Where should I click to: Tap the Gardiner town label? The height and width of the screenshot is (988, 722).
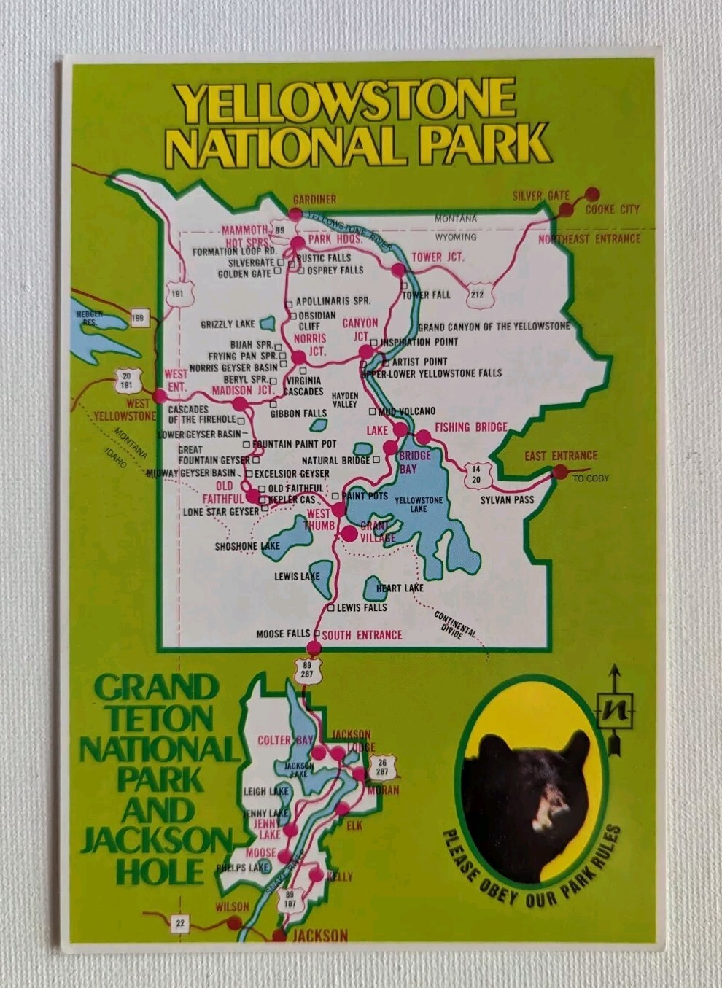[314, 199]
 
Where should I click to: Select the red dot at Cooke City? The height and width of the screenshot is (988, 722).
[592, 194]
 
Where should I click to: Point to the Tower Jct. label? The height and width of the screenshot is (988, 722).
[438, 257]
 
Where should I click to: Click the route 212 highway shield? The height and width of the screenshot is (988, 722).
[477, 294]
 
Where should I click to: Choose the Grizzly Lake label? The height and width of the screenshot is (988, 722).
[228, 324]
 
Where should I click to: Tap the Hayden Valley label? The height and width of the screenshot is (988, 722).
[345, 400]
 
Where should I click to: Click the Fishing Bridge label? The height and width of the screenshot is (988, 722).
[471, 427]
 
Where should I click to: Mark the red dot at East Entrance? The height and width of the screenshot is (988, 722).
[560, 472]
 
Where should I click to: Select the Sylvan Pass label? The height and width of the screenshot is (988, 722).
[507, 499]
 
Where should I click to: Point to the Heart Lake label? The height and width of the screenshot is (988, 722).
[400, 588]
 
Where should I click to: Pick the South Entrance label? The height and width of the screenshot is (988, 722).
[362, 635]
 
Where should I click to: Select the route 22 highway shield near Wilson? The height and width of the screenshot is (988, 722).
[180, 923]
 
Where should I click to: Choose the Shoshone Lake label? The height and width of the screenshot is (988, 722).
[247, 546]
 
